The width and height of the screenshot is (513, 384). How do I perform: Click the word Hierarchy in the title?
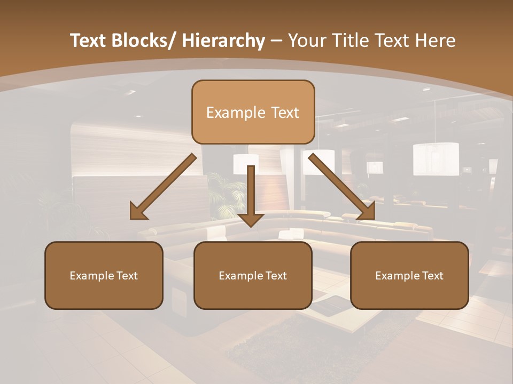pyautogui.click(x=223, y=41)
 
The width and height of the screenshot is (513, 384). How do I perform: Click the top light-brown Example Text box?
pyautogui.click(x=253, y=112)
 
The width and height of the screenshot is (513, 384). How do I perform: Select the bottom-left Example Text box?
pyautogui.click(x=104, y=275)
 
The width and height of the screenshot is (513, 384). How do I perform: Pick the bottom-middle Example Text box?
pyautogui.click(x=253, y=275)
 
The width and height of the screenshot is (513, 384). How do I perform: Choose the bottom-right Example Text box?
pyautogui.click(x=409, y=275)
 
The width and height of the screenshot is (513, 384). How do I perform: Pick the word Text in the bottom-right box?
pyautogui.click(x=432, y=276)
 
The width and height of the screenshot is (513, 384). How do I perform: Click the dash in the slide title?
pyautogui.click(x=276, y=41)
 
